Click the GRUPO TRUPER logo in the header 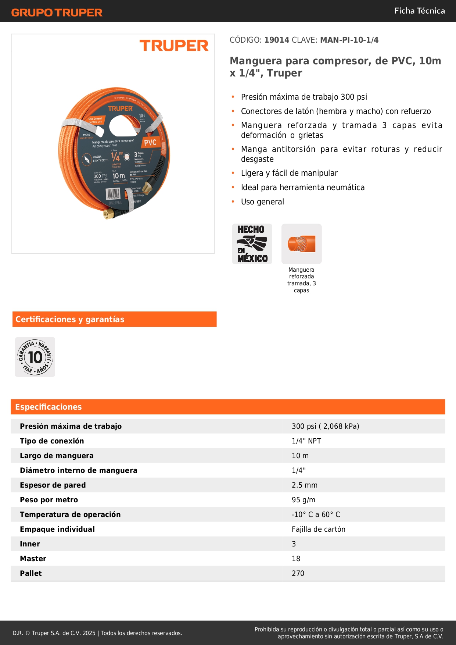[x=57, y=13]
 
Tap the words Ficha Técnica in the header [x=419, y=11]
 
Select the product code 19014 [x=277, y=40]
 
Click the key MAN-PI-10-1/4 [x=349, y=40]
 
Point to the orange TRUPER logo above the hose [x=174, y=46]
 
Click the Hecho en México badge [x=252, y=244]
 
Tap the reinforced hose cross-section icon [x=301, y=244]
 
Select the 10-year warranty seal [x=35, y=357]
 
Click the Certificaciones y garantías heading [x=70, y=319]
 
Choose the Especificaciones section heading [x=49, y=407]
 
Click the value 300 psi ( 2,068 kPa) [x=325, y=426]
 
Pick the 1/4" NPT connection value [x=306, y=441]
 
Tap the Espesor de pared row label [x=53, y=485]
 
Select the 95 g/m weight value [x=303, y=500]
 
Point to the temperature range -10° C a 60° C [x=316, y=514]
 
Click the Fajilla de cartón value [x=318, y=529]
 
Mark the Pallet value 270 [x=298, y=573]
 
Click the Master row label [x=33, y=559]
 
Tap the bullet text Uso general [x=262, y=202]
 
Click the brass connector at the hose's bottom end [x=108, y=214]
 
